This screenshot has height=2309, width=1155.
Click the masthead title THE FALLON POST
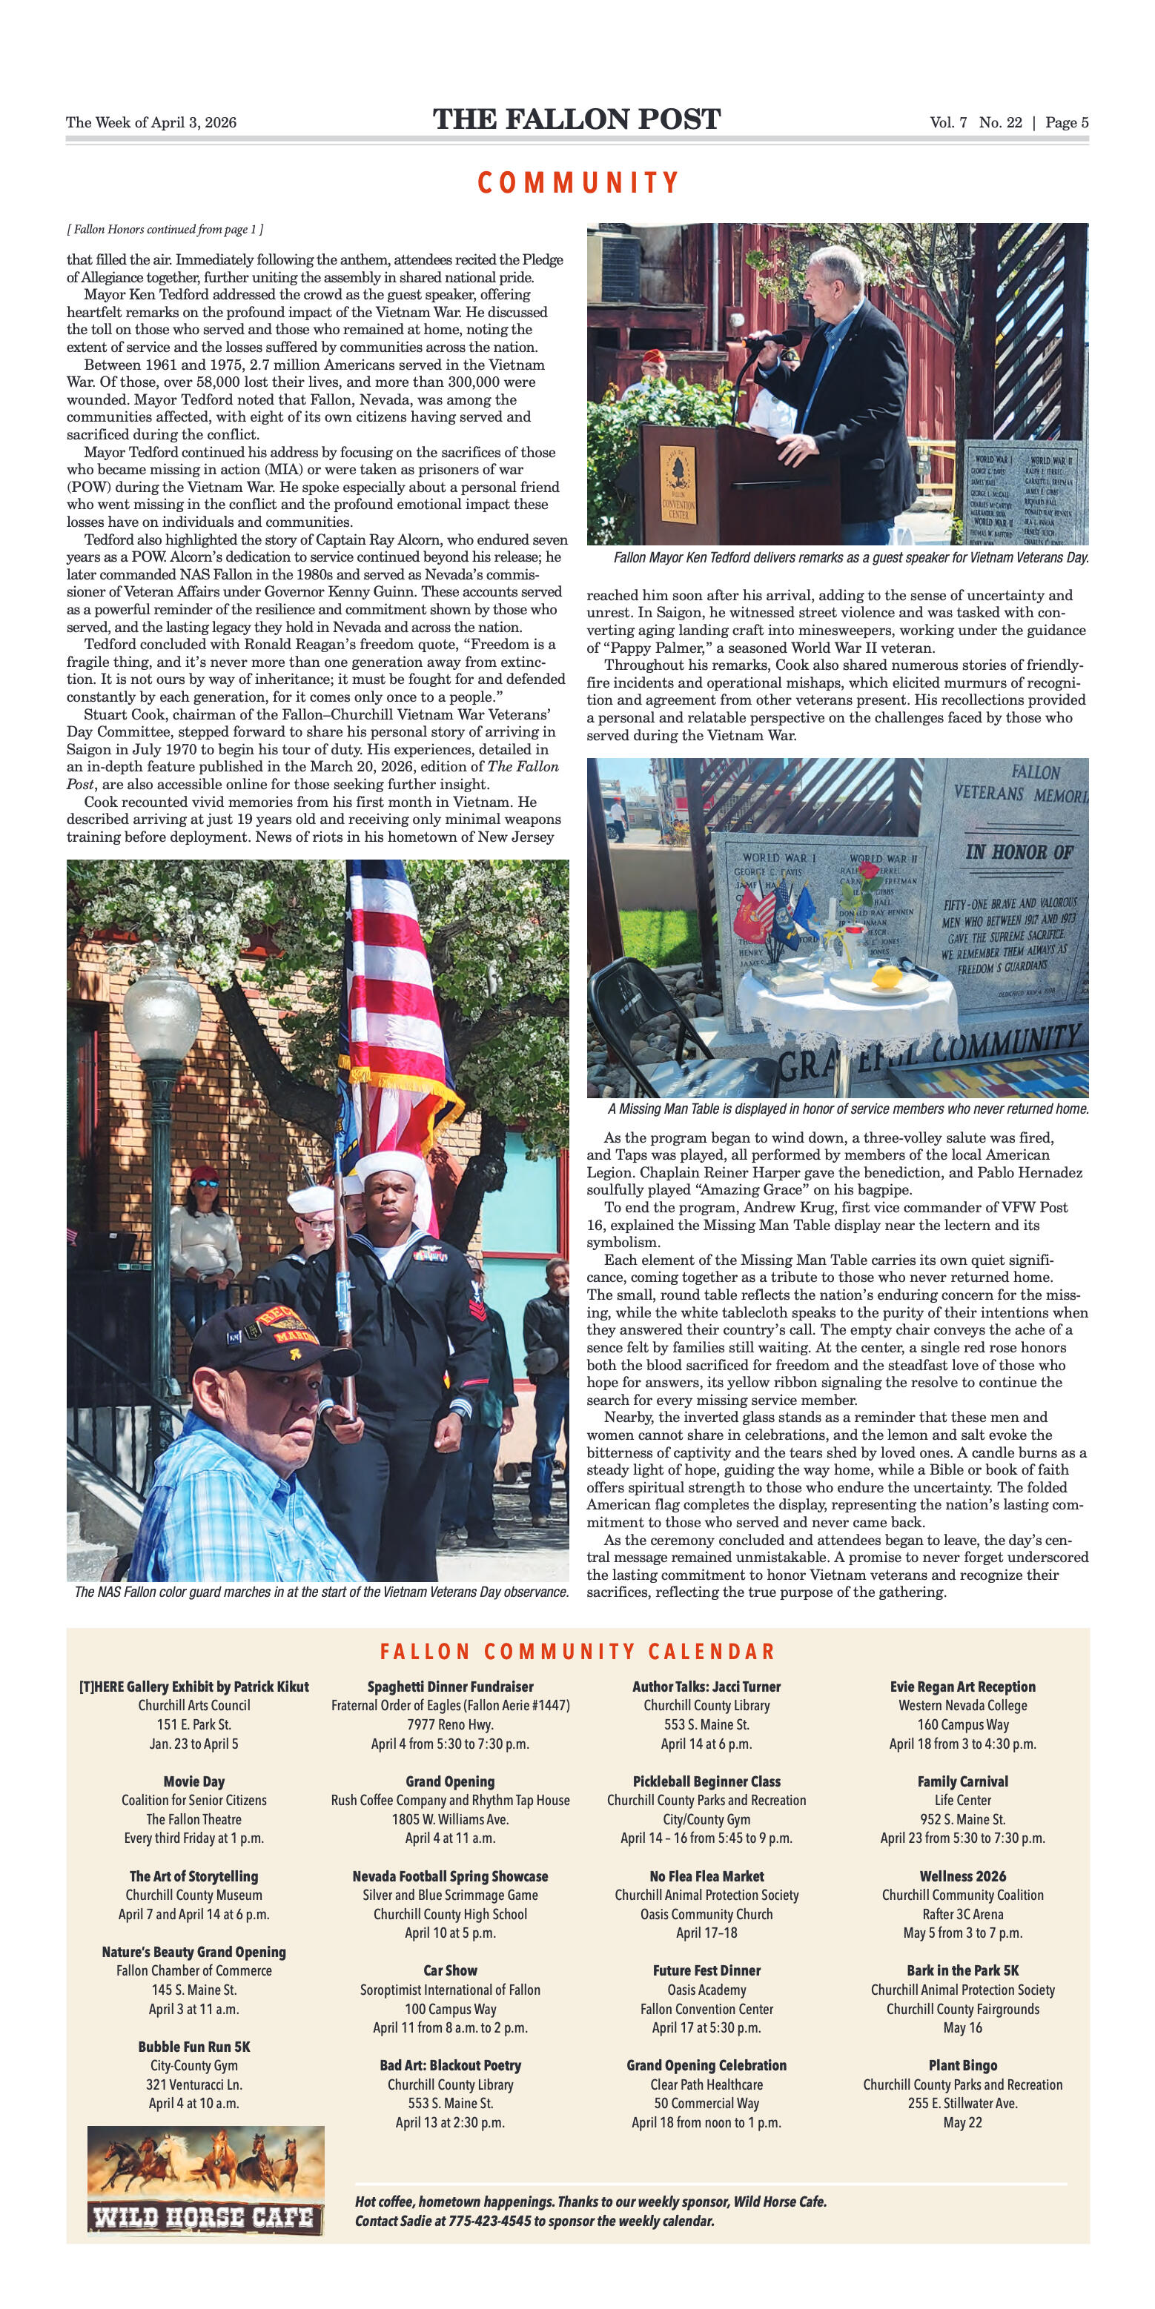point(577,120)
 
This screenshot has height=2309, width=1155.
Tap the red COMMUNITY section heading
point(577,183)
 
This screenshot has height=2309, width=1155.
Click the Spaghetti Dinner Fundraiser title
point(450,1686)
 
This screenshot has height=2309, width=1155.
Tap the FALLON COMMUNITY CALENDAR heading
point(577,1651)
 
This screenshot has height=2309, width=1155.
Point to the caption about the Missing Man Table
point(847,1109)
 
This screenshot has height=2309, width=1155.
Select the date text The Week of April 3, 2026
point(150,123)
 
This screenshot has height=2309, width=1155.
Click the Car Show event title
point(450,1970)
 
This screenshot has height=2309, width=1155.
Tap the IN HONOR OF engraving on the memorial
point(1019,851)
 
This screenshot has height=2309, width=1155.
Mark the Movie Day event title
point(193,1781)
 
